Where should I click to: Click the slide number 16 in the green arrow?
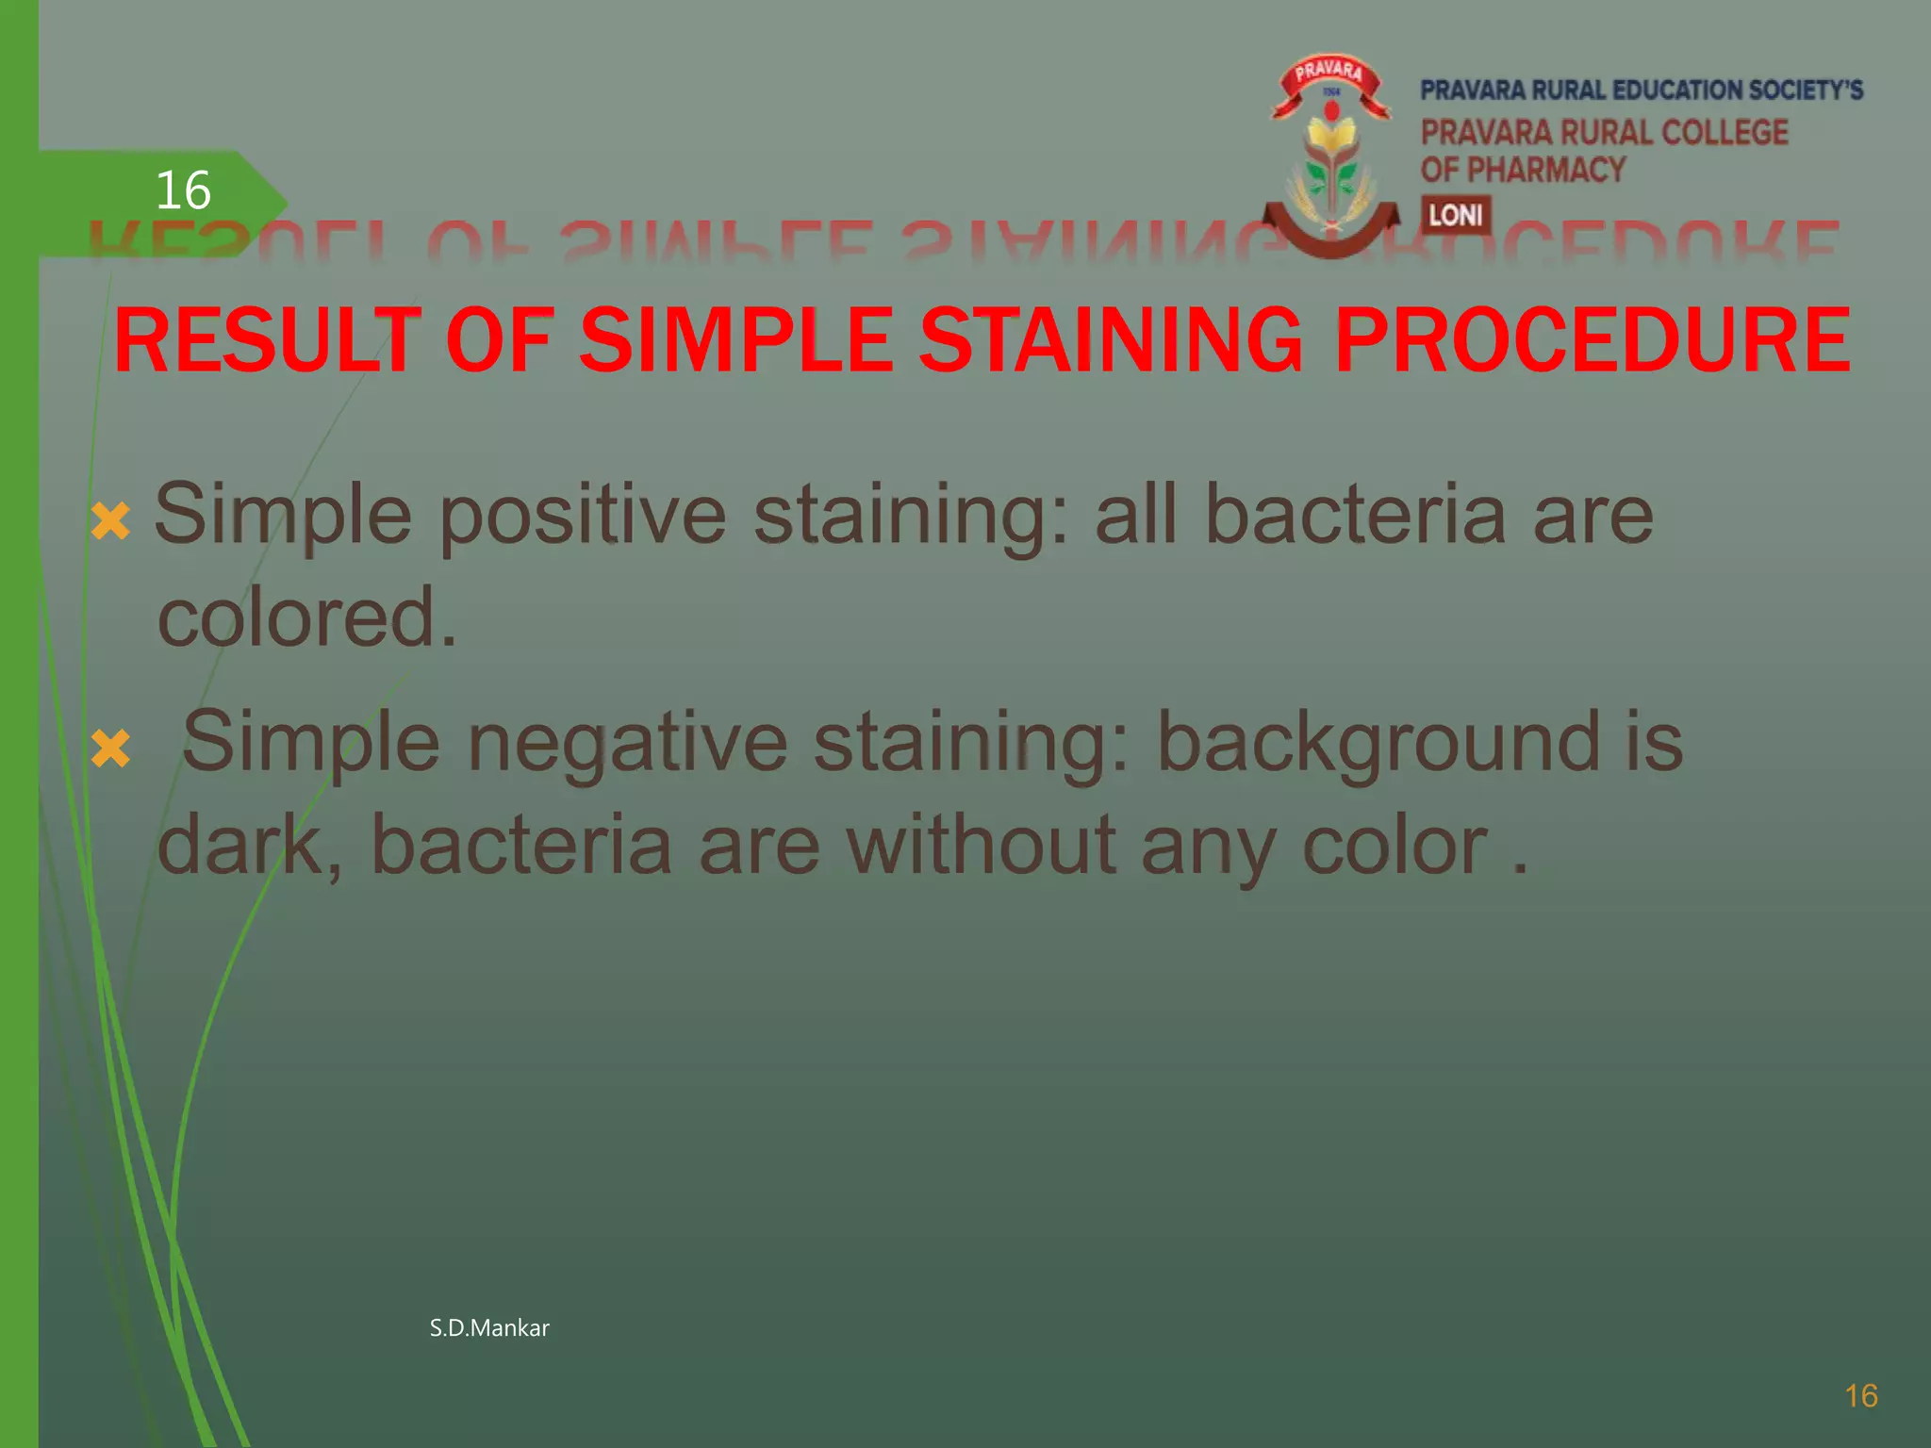pyautogui.click(x=182, y=191)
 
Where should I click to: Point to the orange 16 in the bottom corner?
pyautogui.click(x=1860, y=1396)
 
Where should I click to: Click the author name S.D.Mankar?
pyautogui.click(x=488, y=1328)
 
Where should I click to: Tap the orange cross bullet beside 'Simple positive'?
pyautogui.click(x=111, y=521)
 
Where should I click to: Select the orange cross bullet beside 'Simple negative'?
pyautogui.click(x=111, y=749)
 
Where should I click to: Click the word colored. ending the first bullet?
pyautogui.click(x=306, y=617)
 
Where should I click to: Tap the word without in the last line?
pyautogui.click(x=981, y=845)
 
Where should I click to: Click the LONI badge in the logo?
pyautogui.click(x=1455, y=216)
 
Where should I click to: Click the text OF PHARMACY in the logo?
pyautogui.click(x=1523, y=170)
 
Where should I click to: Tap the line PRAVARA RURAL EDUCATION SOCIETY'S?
pyautogui.click(x=1641, y=90)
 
